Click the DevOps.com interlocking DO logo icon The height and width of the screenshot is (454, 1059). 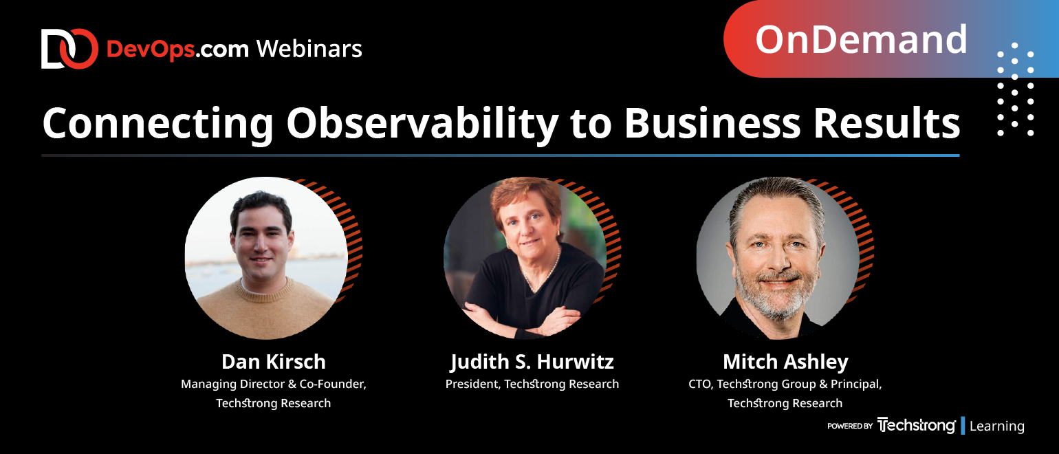click(x=69, y=49)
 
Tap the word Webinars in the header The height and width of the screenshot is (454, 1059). click(x=309, y=49)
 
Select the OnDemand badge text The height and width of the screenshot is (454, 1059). click(x=861, y=39)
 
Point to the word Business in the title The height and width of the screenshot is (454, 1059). click(x=712, y=123)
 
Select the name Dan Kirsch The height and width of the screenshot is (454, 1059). click(x=274, y=362)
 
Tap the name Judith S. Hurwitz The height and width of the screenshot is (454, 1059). click(x=532, y=363)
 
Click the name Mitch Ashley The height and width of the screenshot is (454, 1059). click(x=785, y=363)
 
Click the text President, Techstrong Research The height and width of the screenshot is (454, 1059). click(x=532, y=384)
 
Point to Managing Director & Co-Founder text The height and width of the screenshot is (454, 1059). click(x=274, y=384)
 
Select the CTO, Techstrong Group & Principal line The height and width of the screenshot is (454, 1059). click(x=785, y=384)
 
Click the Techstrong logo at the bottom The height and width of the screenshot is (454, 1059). click(x=916, y=425)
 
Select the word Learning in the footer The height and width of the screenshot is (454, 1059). click(x=997, y=426)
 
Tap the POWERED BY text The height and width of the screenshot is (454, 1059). click(x=850, y=426)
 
